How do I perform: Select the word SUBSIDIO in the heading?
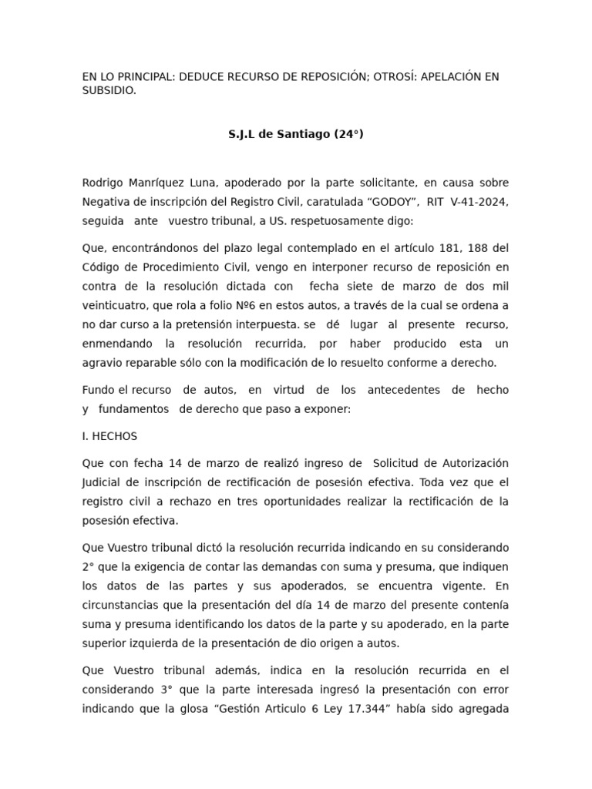coord(108,90)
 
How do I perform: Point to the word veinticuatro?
coord(115,305)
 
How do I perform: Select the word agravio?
coord(102,363)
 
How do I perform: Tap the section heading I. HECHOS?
coord(109,436)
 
